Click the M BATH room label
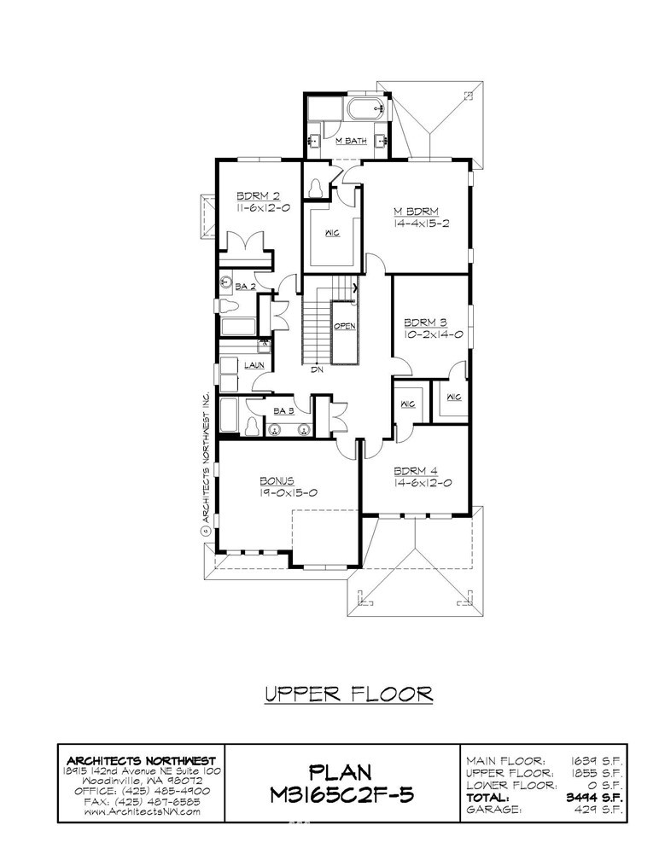[x=351, y=141]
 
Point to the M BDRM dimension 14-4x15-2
[x=422, y=224]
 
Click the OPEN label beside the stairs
[x=345, y=326]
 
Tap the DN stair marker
[x=318, y=369]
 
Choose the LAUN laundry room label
[x=254, y=365]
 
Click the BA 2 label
[x=245, y=287]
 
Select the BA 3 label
[x=283, y=411]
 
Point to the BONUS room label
[x=277, y=481]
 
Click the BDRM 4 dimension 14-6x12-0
[x=423, y=483]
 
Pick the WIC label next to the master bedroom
[x=333, y=233]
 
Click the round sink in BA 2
[x=225, y=283]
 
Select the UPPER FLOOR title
[x=349, y=694]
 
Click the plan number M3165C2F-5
[x=341, y=793]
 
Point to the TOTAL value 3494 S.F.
[x=594, y=798]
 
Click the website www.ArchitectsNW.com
[x=142, y=811]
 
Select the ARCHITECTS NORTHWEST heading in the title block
[x=141, y=761]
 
